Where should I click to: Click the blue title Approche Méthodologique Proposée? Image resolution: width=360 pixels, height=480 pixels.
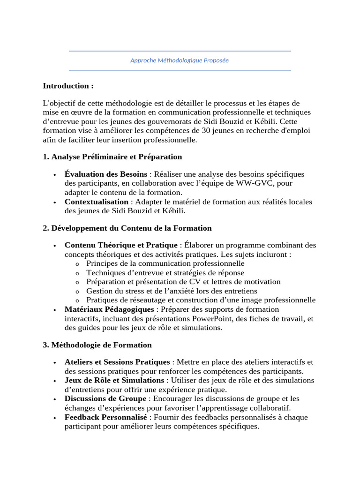click(x=180, y=60)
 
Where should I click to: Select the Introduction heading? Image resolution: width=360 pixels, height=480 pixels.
click(x=68, y=86)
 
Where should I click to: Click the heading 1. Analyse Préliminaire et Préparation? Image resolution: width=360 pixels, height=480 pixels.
click(x=112, y=157)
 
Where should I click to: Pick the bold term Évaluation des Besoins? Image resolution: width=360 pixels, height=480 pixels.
click(x=105, y=174)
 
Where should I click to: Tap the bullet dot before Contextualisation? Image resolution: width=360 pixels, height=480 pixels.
click(x=55, y=202)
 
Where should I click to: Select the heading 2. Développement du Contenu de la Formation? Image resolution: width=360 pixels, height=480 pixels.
click(x=127, y=228)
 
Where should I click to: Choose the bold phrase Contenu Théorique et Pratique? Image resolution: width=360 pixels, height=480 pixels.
click(x=121, y=245)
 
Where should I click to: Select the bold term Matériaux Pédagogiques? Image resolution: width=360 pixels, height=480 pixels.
click(x=109, y=309)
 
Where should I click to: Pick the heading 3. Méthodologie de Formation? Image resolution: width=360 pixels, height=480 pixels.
click(x=97, y=345)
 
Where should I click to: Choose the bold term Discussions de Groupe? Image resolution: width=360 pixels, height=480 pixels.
click(x=106, y=399)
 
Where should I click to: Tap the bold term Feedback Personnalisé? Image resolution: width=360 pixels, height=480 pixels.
click(x=106, y=417)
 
